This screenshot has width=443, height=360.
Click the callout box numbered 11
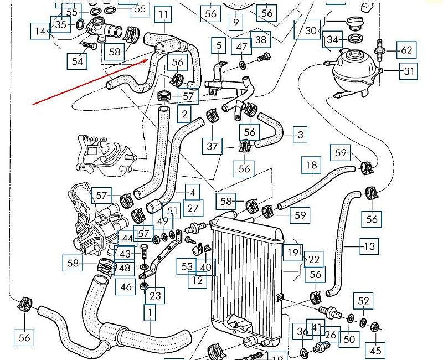pos(163,14)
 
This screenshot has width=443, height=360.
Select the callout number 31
pos(409,71)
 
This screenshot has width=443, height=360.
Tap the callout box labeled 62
pos(407,50)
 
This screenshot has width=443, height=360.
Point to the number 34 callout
pos(333,40)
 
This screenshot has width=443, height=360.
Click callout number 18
pos(312,166)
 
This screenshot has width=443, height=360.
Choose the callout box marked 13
pos(369,245)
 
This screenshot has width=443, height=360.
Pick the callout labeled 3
pos(300,135)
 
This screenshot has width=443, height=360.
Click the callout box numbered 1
pos(149,314)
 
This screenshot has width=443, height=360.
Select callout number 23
pos(155,296)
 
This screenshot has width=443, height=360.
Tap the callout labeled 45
pos(376,350)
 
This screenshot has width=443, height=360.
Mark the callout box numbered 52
pos(363,301)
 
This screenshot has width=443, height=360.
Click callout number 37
pos(213,147)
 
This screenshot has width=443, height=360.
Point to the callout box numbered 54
pos(77,61)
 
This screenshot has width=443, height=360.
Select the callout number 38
pos(260,39)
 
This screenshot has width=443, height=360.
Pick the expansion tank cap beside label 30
pos(353,23)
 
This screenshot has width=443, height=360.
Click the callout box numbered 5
pos(219,45)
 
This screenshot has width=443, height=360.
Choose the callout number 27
pos(192,209)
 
